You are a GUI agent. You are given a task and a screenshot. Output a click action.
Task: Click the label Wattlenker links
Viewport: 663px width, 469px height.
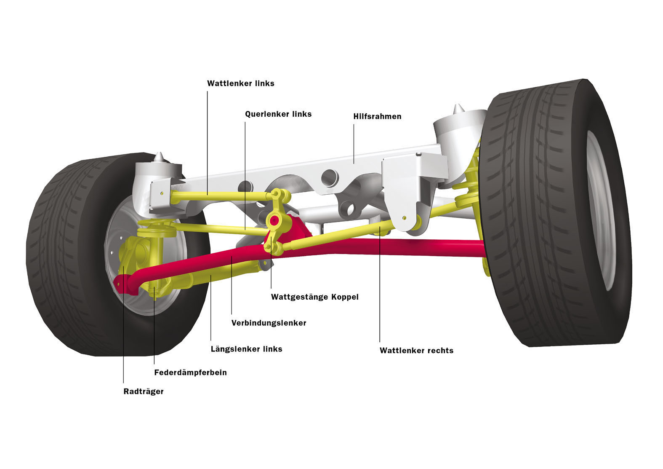tap(241, 83)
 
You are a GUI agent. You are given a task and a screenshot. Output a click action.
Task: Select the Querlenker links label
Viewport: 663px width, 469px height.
tap(278, 114)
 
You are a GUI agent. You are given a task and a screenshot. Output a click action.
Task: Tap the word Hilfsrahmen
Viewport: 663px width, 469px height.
tap(377, 116)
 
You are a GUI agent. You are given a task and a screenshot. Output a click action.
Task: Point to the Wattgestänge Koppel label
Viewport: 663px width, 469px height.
tap(314, 297)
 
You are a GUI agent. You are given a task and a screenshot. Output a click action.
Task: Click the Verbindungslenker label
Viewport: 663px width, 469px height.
tap(269, 323)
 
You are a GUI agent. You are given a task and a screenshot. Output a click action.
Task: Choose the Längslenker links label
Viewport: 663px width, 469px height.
tap(246, 349)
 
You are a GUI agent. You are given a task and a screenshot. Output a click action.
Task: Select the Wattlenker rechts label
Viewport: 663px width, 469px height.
tap(416, 351)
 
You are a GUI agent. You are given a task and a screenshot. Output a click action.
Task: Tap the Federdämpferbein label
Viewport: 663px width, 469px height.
tap(190, 373)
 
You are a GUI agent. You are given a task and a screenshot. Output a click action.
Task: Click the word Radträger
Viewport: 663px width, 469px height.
tap(144, 391)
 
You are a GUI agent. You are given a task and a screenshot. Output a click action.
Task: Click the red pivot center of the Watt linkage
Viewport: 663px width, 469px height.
tap(274, 220)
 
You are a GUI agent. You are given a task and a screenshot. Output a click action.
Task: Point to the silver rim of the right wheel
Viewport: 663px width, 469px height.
tap(601, 210)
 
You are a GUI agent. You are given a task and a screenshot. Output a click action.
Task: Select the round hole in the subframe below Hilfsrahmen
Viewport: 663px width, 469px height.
tap(330, 177)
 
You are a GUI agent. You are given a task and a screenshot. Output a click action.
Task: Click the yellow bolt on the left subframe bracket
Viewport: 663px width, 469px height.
tap(162, 193)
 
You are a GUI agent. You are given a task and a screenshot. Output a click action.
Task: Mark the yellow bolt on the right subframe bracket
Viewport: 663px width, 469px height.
tap(405, 218)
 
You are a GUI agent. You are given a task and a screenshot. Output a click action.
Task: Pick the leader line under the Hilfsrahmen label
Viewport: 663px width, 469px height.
tap(354, 144)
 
